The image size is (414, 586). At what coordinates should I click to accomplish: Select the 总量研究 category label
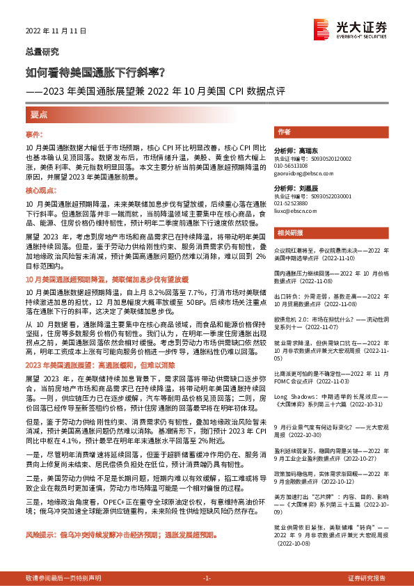pyautogui.click(x=42, y=52)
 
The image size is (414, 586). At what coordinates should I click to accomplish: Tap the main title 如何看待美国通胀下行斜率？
pyautogui.click(x=95, y=72)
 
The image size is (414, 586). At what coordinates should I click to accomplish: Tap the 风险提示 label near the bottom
pyautogui.click(x=42, y=536)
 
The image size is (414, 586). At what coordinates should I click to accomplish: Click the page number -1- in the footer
pyautogui.click(x=207, y=578)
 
